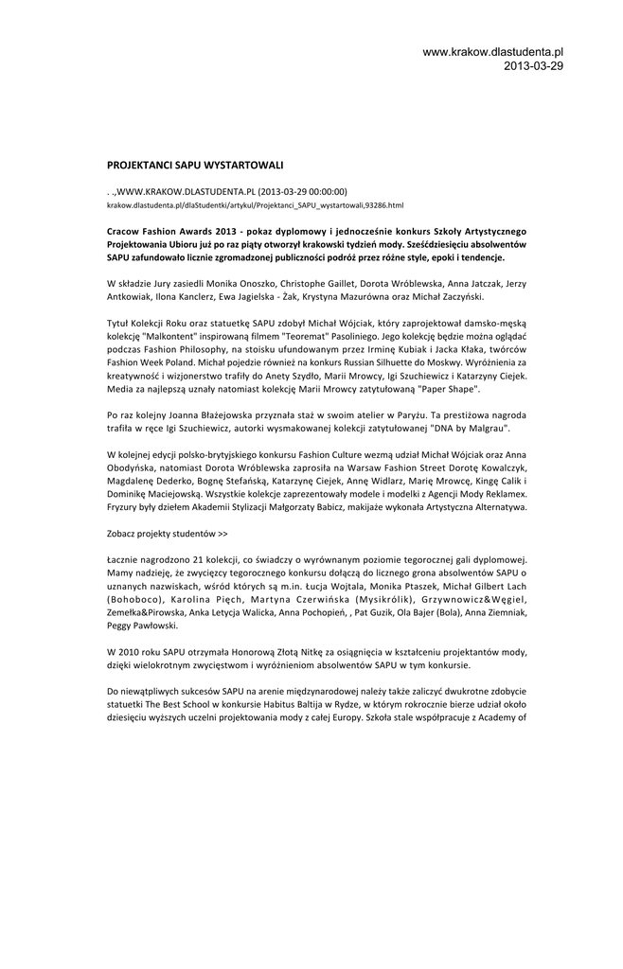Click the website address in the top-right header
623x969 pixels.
coord(492,51)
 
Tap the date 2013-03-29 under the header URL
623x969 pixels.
coord(533,66)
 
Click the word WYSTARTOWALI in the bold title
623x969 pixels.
coord(245,165)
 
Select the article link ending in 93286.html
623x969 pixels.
coord(256,204)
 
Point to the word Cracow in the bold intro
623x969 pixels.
coord(125,231)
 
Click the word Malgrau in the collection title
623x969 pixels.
coord(484,429)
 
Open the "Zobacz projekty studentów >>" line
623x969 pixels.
coord(167,534)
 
